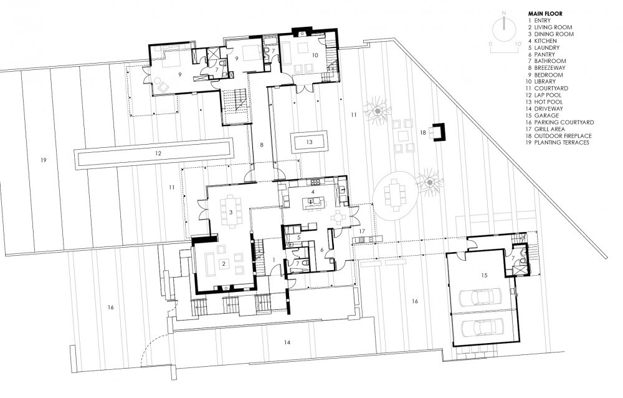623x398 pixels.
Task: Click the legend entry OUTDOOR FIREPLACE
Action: point(560,136)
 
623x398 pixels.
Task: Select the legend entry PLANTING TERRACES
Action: point(558,142)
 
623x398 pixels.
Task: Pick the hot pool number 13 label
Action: point(309,142)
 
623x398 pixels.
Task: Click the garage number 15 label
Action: point(483,275)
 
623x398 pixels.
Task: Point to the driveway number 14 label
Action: point(287,342)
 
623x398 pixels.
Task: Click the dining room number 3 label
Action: point(231,212)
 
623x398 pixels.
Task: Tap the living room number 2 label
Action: point(224,263)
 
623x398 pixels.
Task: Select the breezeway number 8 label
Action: point(262,145)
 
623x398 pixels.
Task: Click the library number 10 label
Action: point(315,56)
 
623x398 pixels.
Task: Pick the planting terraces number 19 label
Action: point(44,160)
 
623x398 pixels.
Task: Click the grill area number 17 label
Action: point(361,231)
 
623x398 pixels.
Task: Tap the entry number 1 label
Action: point(273,260)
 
